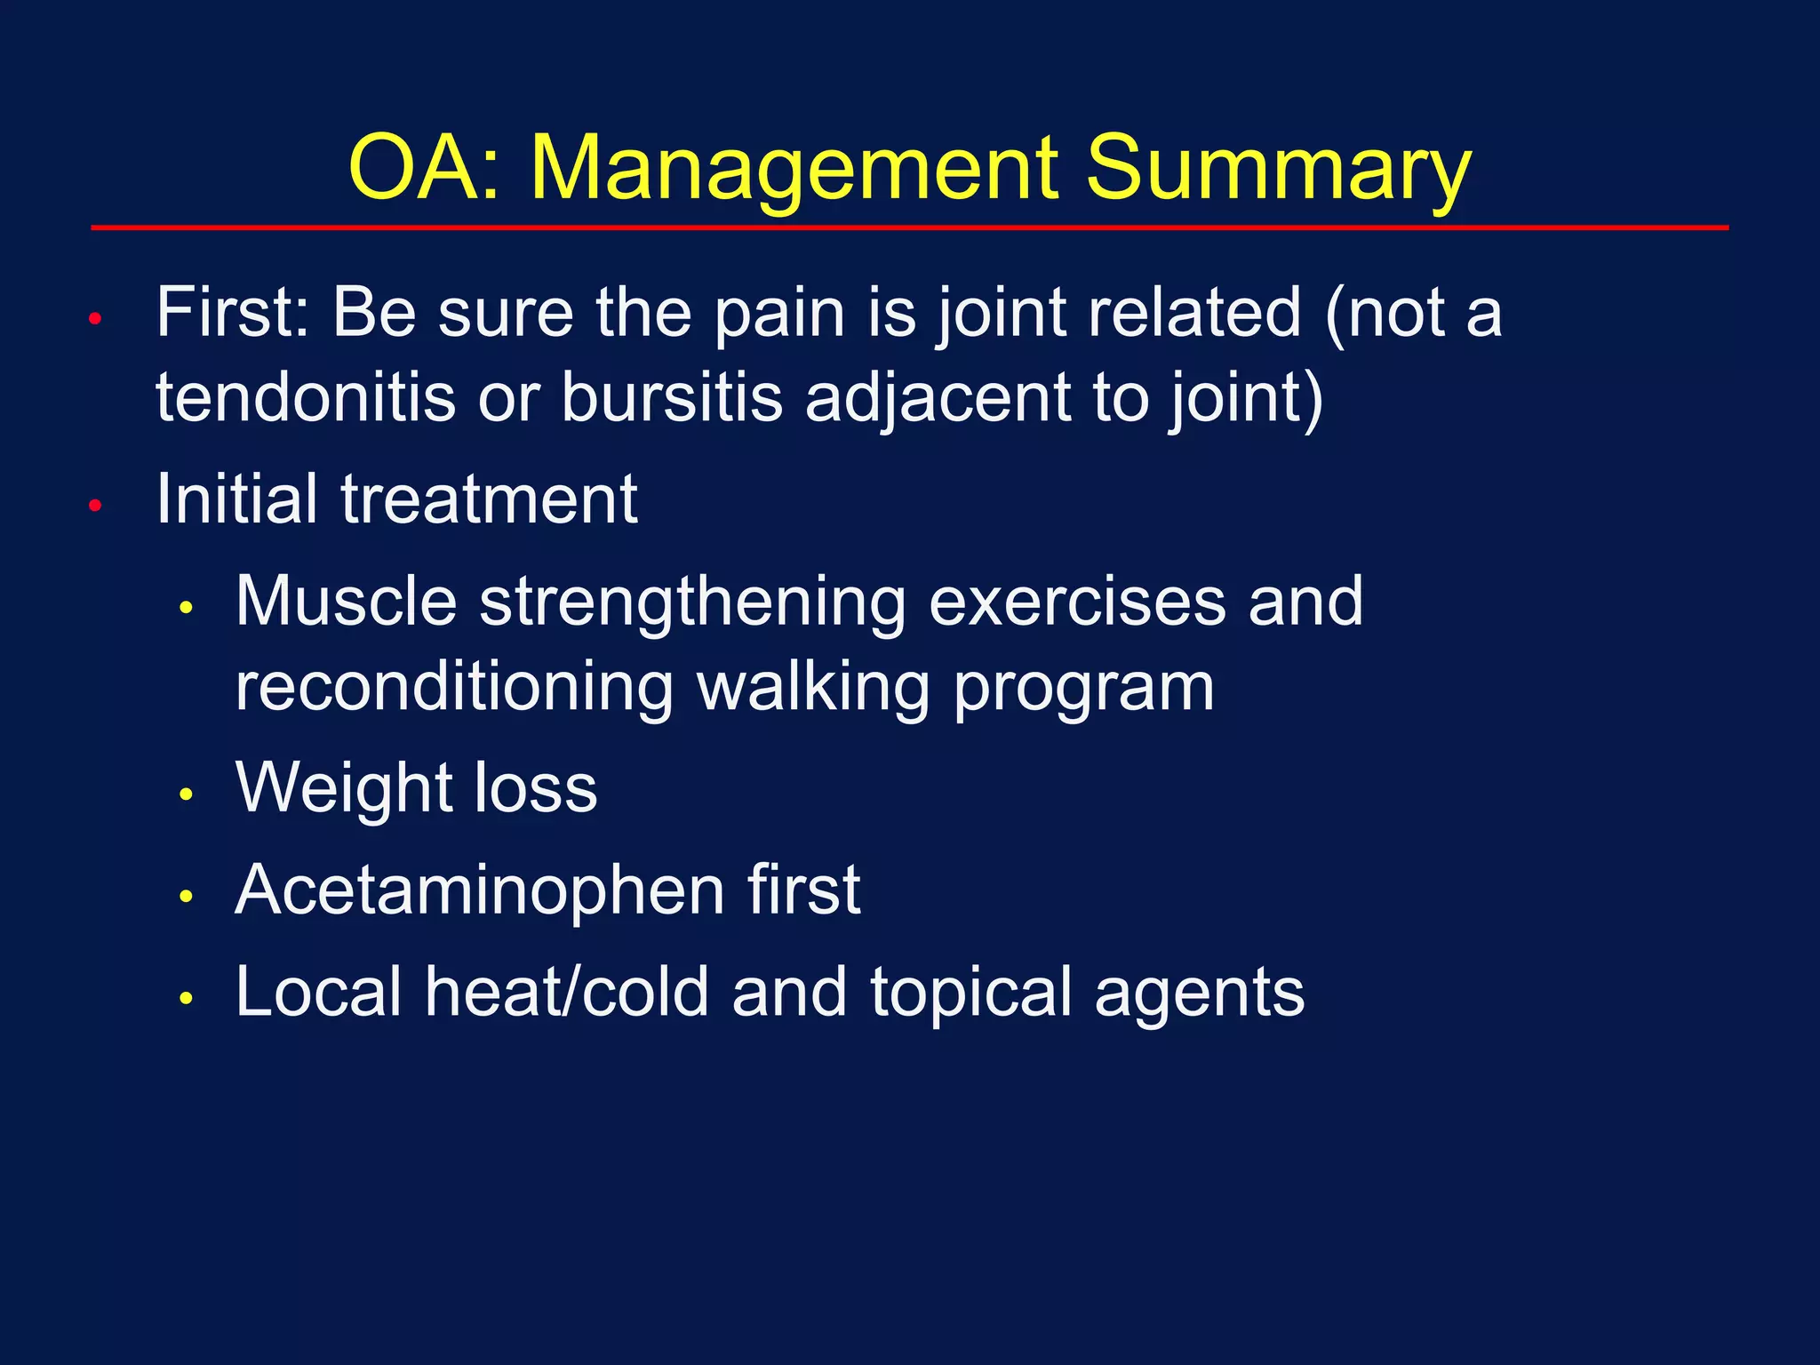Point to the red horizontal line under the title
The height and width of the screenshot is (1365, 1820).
click(x=909, y=228)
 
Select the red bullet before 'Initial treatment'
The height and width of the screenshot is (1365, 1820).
click(x=97, y=506)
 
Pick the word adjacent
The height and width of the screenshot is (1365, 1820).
click(x=937, y=398)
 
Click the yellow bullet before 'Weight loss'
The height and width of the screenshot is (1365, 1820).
click(x=186, y=794)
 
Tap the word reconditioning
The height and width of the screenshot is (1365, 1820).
click(x=454, y=689)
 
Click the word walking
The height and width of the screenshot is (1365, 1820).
click(x=813, y=689)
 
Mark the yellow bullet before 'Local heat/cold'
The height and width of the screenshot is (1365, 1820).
click(x=186, y=999)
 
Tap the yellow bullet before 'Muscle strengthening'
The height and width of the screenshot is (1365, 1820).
click(x=186, y=608)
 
